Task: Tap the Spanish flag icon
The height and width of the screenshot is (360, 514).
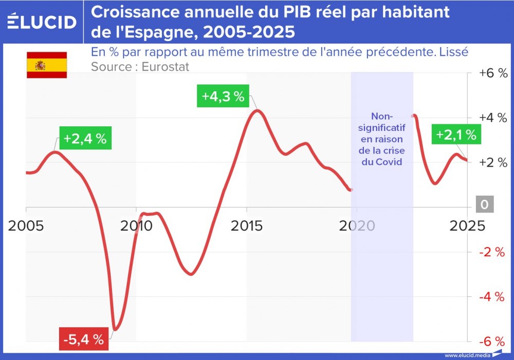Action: tap(47, 65)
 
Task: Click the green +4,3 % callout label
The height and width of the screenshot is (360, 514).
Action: tap(223, 97)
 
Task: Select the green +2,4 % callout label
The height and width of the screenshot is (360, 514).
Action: tap(85, 139)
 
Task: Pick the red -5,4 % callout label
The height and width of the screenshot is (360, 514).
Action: tap(84, 339)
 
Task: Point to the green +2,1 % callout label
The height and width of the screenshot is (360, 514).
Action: tap(456, 135)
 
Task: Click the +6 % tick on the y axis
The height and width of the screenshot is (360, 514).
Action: tap(493, 73)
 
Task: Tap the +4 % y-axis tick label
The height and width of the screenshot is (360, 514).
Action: tap(493, 118)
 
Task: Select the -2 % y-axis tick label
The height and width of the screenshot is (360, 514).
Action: tap(493, 252)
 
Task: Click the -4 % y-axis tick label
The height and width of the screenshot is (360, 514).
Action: tap(493, 297)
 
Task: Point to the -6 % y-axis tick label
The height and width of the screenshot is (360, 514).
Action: tap(493, 342)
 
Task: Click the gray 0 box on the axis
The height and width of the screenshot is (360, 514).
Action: tap(484, 205)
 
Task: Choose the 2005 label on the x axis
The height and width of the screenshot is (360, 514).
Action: tap(26, 225)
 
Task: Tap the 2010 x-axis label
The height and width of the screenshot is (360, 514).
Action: tap(136, 225)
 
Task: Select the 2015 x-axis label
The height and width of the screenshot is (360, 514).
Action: tap(246, 225)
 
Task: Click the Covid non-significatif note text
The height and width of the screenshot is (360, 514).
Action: tap(381, 139)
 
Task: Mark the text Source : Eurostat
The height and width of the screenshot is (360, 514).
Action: tap(140, 67)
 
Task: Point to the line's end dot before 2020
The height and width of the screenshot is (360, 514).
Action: tap(351, 190)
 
